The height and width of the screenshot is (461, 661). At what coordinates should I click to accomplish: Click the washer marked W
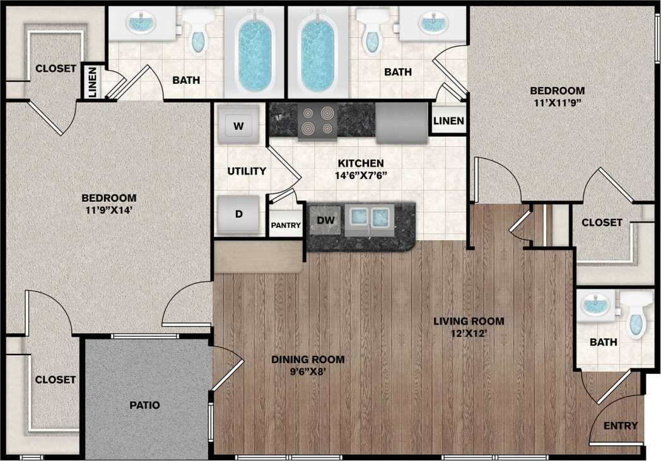(x=238, y=125)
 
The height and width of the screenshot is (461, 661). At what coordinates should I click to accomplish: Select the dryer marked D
(x=238, y=214)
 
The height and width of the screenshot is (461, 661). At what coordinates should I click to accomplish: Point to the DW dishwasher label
(x=325, y=220)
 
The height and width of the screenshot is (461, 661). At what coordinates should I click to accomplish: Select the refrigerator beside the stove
(x=402, y=120)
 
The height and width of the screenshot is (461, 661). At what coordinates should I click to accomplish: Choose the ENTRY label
(x=621, y=426)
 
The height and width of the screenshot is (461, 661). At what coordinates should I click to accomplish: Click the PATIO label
(x=146, y=405)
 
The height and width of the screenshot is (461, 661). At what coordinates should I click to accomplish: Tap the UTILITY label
(x=247, y=171)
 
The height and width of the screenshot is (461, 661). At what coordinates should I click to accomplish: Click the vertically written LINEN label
(x=92, y=82)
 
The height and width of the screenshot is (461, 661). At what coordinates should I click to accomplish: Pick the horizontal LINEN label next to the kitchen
(x=448, y=120)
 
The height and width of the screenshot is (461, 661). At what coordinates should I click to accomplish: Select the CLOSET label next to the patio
(x=56, y=380)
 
